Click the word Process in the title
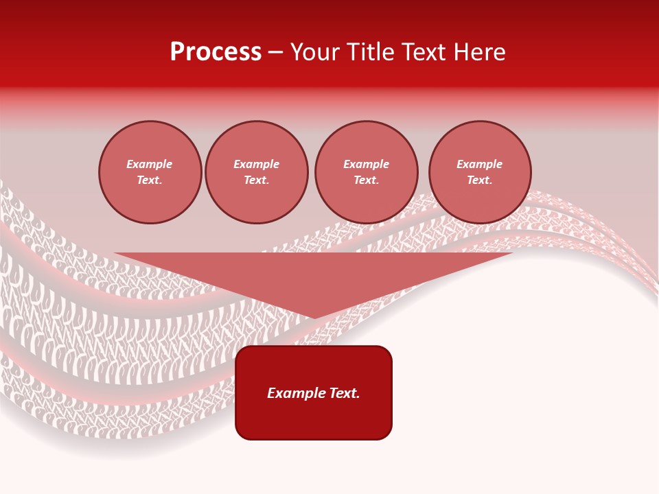tap(216, 52)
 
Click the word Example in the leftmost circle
tap(150, 164)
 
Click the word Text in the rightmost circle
tap(479, 180)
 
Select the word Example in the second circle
tap(257, 164)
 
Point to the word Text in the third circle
tap(367, 180)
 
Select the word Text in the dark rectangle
tap(345, 393)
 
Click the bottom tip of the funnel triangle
tap(314, 318)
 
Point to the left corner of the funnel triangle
tap(115, 254)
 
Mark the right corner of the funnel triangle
tap(511, 254)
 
